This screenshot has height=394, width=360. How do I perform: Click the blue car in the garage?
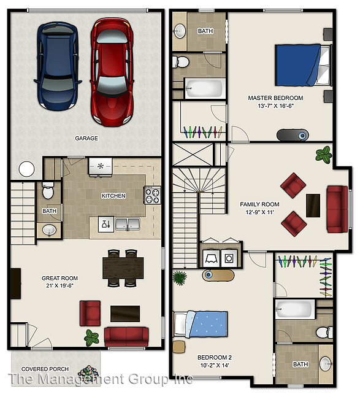pos(58,66)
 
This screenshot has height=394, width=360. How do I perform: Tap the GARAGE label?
pos(86,138)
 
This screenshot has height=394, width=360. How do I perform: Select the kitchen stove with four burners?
pos(152,195)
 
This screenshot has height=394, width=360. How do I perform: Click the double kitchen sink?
pos(128,224)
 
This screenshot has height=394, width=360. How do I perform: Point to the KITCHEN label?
pos(113,196)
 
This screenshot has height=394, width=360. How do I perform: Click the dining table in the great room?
pos(123,268)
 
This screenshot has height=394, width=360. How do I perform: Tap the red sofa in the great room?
pos(126,337)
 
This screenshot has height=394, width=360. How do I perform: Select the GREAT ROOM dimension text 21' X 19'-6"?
pos(59,286)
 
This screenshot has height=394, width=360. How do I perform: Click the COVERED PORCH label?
pos(45,369)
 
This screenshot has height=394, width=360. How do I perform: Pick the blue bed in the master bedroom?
pos(303,65)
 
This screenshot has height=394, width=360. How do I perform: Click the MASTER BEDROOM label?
pos(275,98)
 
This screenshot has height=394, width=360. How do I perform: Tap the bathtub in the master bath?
pos(205,88)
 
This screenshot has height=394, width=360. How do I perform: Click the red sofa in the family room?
pos(337,209)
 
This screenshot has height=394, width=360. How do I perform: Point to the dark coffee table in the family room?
pos(313,206)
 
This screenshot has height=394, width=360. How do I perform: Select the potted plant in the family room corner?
pos(324,154)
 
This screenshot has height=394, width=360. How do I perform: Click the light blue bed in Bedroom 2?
pos(201,324)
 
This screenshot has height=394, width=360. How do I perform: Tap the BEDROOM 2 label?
pos(215,357)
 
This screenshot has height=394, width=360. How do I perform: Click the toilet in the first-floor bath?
pos(48,191)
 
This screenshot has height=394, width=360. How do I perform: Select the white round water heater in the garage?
pos(26,169)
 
